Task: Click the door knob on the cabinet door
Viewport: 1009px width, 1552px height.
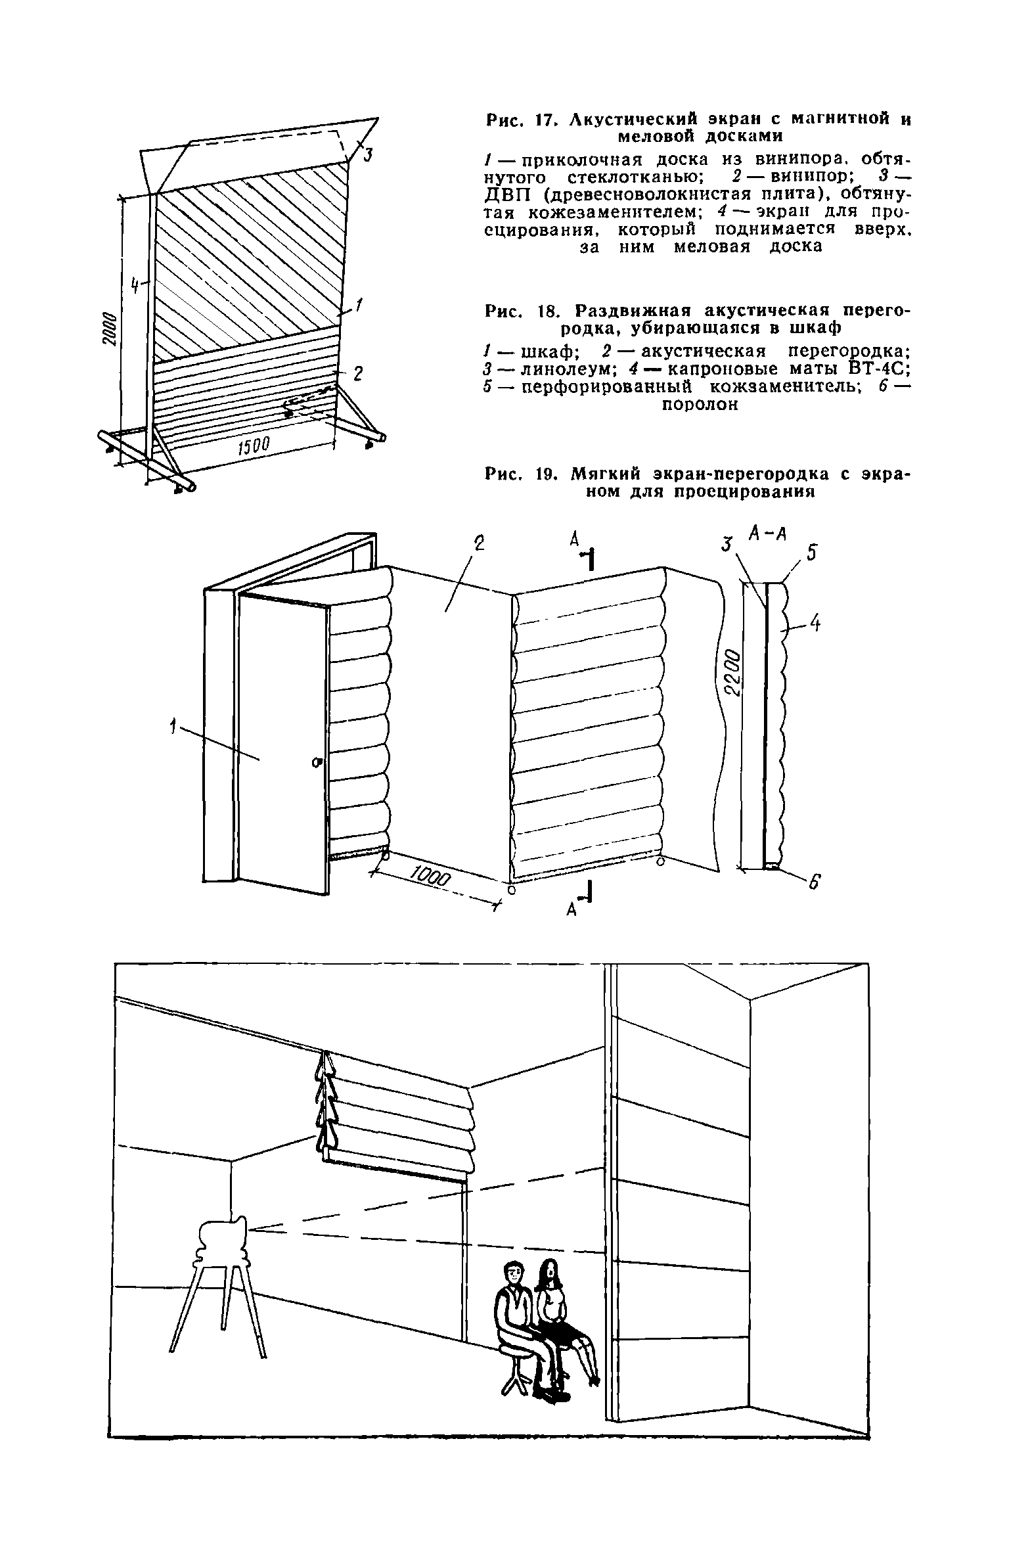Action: click(317, 762)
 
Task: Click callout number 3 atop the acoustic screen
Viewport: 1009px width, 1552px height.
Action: click(368, 155)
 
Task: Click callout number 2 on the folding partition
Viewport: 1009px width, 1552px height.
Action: click(479, 543)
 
